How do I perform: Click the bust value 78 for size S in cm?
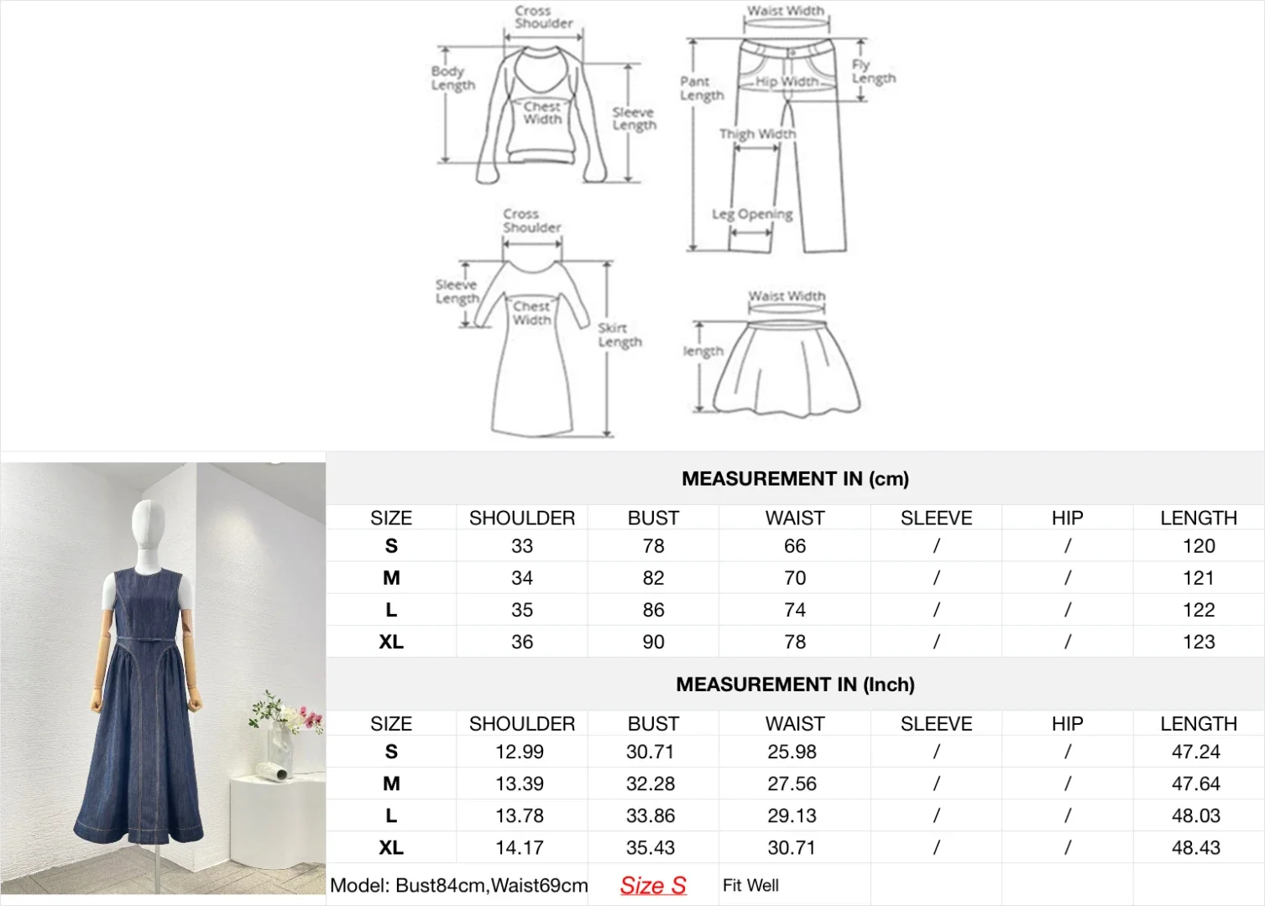coord(653,546)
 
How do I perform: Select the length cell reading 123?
coord(1199,642)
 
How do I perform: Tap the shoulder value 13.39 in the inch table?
coord(520,784)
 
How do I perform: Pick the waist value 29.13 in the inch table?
coord(792,815)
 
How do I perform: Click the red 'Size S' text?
coord(653,885)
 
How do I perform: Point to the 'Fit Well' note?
coord(750,885)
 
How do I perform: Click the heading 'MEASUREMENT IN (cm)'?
coord(795,479)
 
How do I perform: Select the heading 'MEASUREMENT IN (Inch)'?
coord(795,685)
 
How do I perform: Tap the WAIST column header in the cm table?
coord(795,518)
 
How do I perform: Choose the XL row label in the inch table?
coord(391,847)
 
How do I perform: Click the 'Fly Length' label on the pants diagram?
coord(873,71)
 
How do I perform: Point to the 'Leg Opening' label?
coord(752,215)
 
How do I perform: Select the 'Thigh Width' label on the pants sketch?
coord(757,133)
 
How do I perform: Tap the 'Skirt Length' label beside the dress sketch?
coord(619,336)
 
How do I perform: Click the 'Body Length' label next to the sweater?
coord(453,79)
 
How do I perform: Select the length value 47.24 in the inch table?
coord(1196,752)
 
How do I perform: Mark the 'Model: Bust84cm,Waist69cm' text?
coord(458,885)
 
